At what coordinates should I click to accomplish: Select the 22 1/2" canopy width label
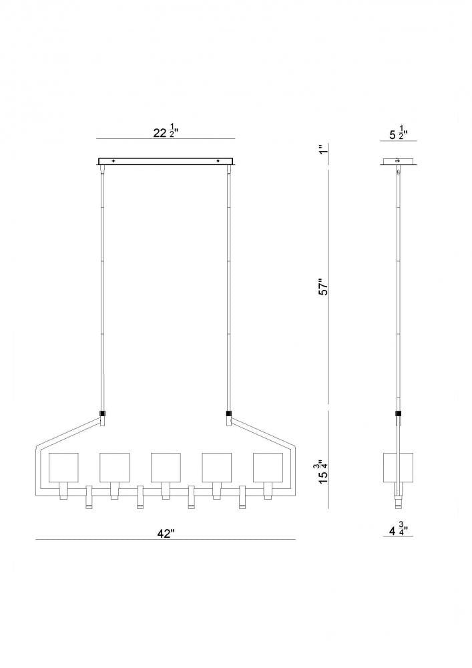tap(166, 132)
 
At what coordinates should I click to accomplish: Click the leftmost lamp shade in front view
tap(64, 467)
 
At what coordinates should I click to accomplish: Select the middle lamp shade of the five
tap(166, 467)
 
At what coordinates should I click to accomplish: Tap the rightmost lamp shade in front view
tap(268, 467)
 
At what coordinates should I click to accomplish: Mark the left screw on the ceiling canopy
tap(113, 161)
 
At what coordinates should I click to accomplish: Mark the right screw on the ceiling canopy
tap(218, 161)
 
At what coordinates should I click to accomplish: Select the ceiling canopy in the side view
tap(399, 161)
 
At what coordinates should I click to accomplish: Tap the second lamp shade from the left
tap(115, 467)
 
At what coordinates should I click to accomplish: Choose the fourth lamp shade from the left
tap(217, 467)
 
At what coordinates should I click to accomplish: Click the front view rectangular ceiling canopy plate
tap(166, 161)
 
